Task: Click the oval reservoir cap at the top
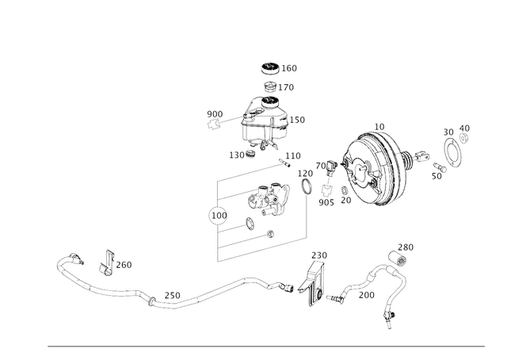coord(271,68)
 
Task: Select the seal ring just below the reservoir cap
coord(271,86)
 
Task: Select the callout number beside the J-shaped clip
coord(125,262)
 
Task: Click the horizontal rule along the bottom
coord(266,346)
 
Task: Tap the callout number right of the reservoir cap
coord(291,69)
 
